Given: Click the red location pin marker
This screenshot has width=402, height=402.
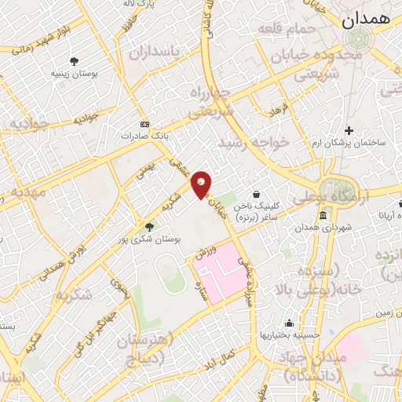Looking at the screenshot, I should pyautogui.click(x=202, y=184).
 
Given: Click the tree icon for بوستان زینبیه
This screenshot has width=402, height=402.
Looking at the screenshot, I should pyautogui.click(x=75, y=60).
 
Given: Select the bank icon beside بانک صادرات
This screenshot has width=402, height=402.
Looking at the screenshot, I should pyautogui.click(x=144, y=124).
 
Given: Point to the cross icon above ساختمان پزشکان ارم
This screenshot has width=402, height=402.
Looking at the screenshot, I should pyautogui.click(x=350, y=130).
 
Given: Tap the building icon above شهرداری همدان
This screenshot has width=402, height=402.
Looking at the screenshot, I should pyautogui.click(x=323, y=216).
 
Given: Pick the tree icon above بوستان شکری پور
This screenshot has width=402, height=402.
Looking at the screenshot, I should pyautogui.click(x=149, y=227).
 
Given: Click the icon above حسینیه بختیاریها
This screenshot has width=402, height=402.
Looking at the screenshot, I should pyautogui.click(x=290, y=323).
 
